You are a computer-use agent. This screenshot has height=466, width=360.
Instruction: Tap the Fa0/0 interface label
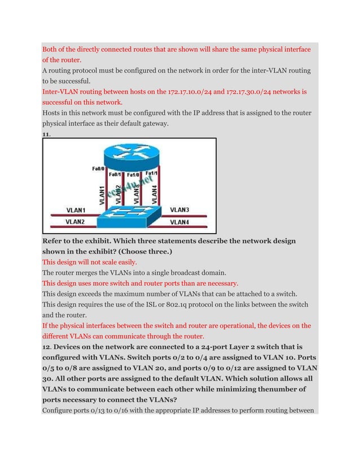point(96,168)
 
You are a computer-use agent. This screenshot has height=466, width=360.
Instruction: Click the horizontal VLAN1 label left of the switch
point(76,210)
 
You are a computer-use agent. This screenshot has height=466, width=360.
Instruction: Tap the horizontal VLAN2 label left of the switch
point(76,222)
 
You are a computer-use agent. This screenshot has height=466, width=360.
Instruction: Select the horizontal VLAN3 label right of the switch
point(179,210)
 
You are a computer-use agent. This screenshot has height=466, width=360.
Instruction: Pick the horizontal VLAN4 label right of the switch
point(179,222)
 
